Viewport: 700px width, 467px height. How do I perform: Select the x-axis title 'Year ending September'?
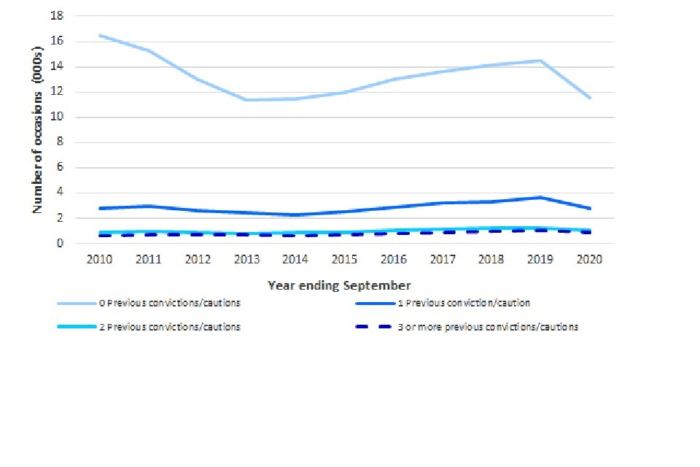340,285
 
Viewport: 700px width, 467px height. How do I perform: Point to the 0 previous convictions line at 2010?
99,35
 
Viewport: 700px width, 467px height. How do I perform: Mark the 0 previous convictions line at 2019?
540,61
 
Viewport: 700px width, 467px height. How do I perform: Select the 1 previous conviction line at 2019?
540,197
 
